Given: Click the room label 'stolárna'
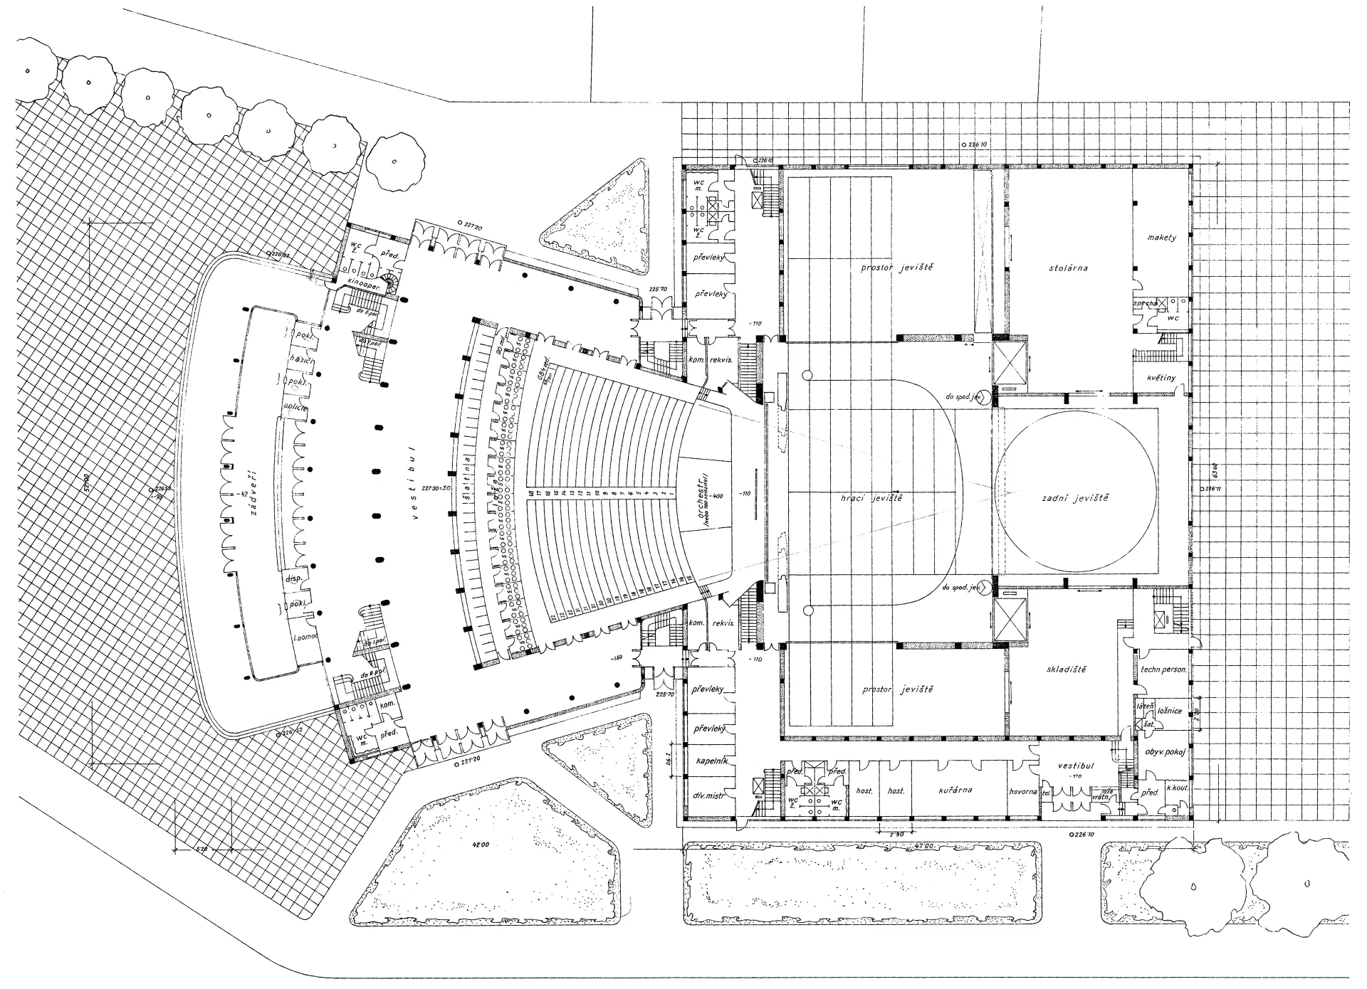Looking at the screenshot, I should [1069, 268].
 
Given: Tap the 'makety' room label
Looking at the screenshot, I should [1162, 237].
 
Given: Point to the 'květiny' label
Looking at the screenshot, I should [1161, 378].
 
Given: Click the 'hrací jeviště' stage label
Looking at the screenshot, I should [871, 498].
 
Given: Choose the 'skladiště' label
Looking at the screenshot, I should [1067, 669].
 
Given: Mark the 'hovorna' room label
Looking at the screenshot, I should [1025, 791].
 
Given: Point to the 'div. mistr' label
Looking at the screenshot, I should [708, 795].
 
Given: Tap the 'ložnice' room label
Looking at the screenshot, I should [1170, 711].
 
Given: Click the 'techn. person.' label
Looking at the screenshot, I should [1163, 670].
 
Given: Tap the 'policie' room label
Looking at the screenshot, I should [295, 406].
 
